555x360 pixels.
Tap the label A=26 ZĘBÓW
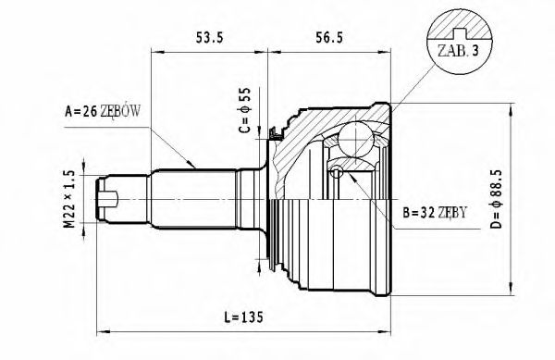point(101,113)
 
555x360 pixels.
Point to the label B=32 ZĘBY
point(436,212)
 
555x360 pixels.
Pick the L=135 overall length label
point(245,317)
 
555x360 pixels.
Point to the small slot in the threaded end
point(110,196)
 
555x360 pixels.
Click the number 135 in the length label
point(253,317)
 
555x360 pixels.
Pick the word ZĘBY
point(450,212)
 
